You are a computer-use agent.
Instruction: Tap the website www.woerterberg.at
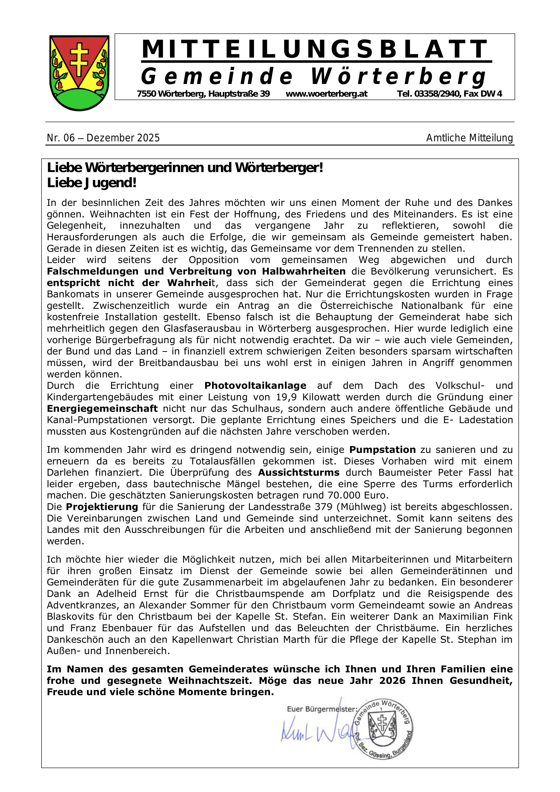coord(327,94)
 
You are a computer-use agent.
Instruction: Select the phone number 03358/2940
coord(437,94)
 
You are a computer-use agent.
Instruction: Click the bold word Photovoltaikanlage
coord(255,385)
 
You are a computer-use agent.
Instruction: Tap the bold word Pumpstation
coord(382,450)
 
